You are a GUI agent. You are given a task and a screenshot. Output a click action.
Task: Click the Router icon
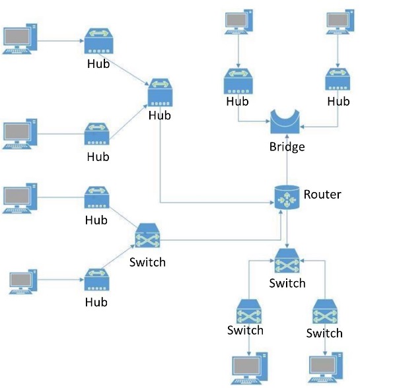(x=287, y=198)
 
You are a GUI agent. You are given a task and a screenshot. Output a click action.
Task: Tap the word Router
(x=322, y=194)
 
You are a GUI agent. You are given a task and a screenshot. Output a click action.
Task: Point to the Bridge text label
(x=287, y=146)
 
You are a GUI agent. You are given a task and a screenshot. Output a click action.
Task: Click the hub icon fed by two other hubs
(x=159, y=94)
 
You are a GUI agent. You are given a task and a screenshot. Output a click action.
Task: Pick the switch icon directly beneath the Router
(x=287, y=261)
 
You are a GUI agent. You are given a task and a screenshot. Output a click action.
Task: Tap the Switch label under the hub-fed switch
(x=147, y=262)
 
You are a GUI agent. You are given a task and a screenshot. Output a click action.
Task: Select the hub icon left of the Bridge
(x=237, y=81)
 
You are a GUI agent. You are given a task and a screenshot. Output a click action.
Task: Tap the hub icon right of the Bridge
(x=339, y=81)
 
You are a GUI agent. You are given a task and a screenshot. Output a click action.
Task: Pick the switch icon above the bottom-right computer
(x=324, y=312)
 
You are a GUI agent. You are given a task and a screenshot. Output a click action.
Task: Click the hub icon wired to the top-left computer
(x=98, y=44)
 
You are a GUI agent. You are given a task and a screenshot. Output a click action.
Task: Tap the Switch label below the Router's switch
(x=287, y=283)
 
